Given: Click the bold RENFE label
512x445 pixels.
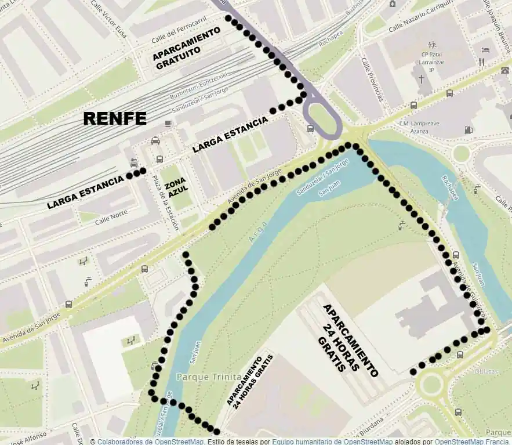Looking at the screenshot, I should point(115,118).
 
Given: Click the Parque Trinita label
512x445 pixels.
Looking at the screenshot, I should point(200,377).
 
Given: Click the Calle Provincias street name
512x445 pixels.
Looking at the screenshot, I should point(372,79).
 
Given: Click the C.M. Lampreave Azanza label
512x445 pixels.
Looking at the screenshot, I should point(420,128).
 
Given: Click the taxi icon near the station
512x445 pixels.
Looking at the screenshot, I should point(155,140).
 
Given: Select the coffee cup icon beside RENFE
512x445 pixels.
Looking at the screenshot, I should point(168,123).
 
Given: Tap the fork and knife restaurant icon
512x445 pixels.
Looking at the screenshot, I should point(481,61).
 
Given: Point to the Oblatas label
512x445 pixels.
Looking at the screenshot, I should point(486,371).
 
